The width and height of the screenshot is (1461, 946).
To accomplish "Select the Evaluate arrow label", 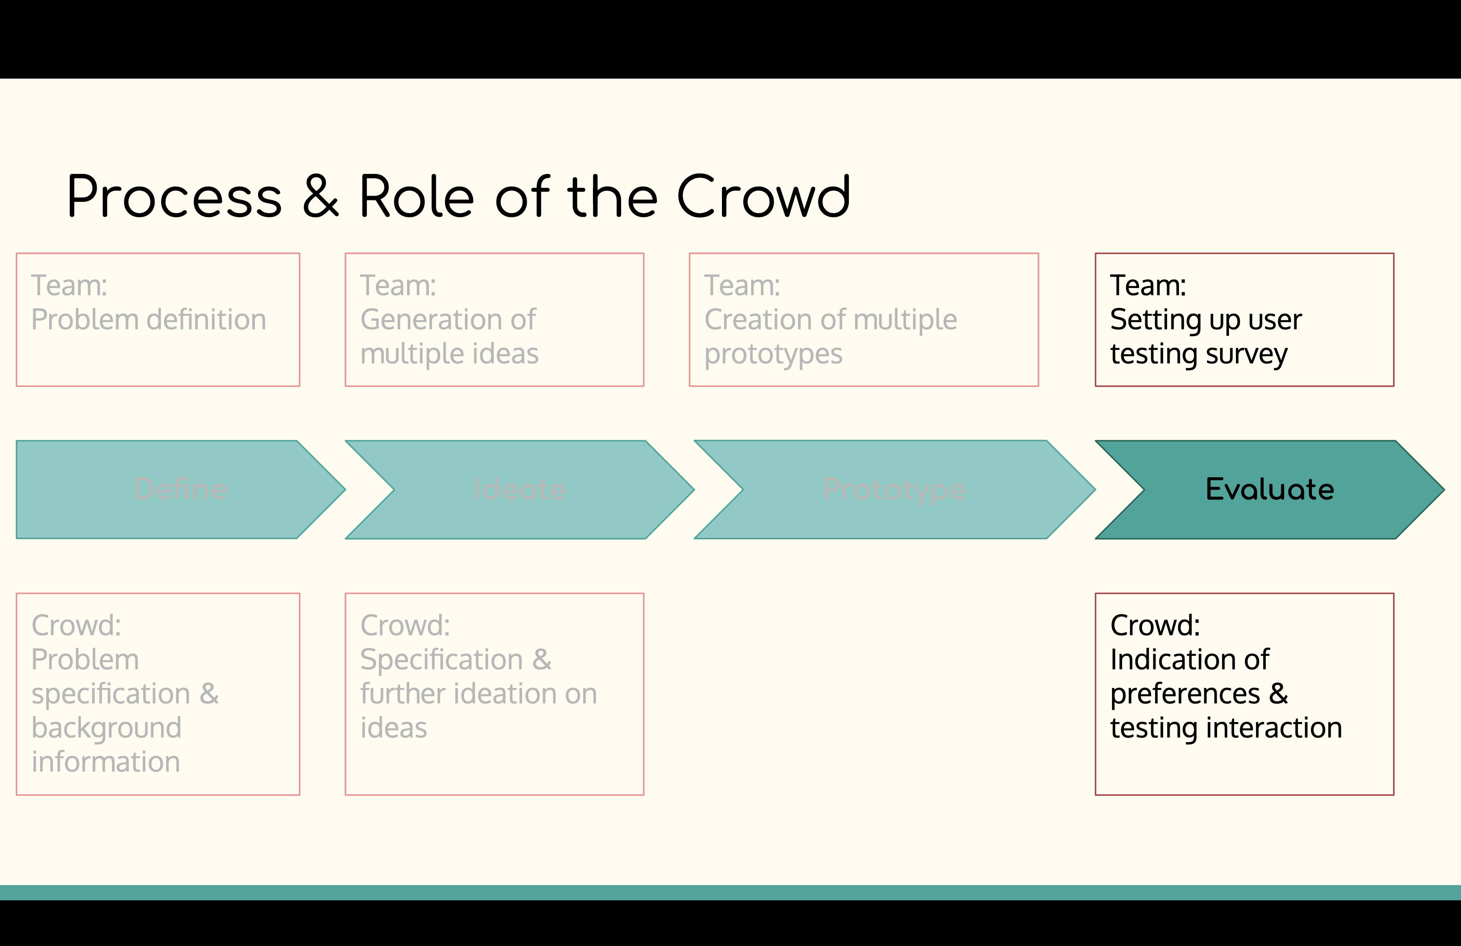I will (1270, 489).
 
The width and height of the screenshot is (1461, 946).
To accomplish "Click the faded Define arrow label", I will (181, 489).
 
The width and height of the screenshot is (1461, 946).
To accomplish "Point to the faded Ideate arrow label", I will (519, 489).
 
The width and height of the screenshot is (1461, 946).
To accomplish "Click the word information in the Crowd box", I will (106, 762).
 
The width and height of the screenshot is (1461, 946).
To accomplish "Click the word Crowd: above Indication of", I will (1155, 626).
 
